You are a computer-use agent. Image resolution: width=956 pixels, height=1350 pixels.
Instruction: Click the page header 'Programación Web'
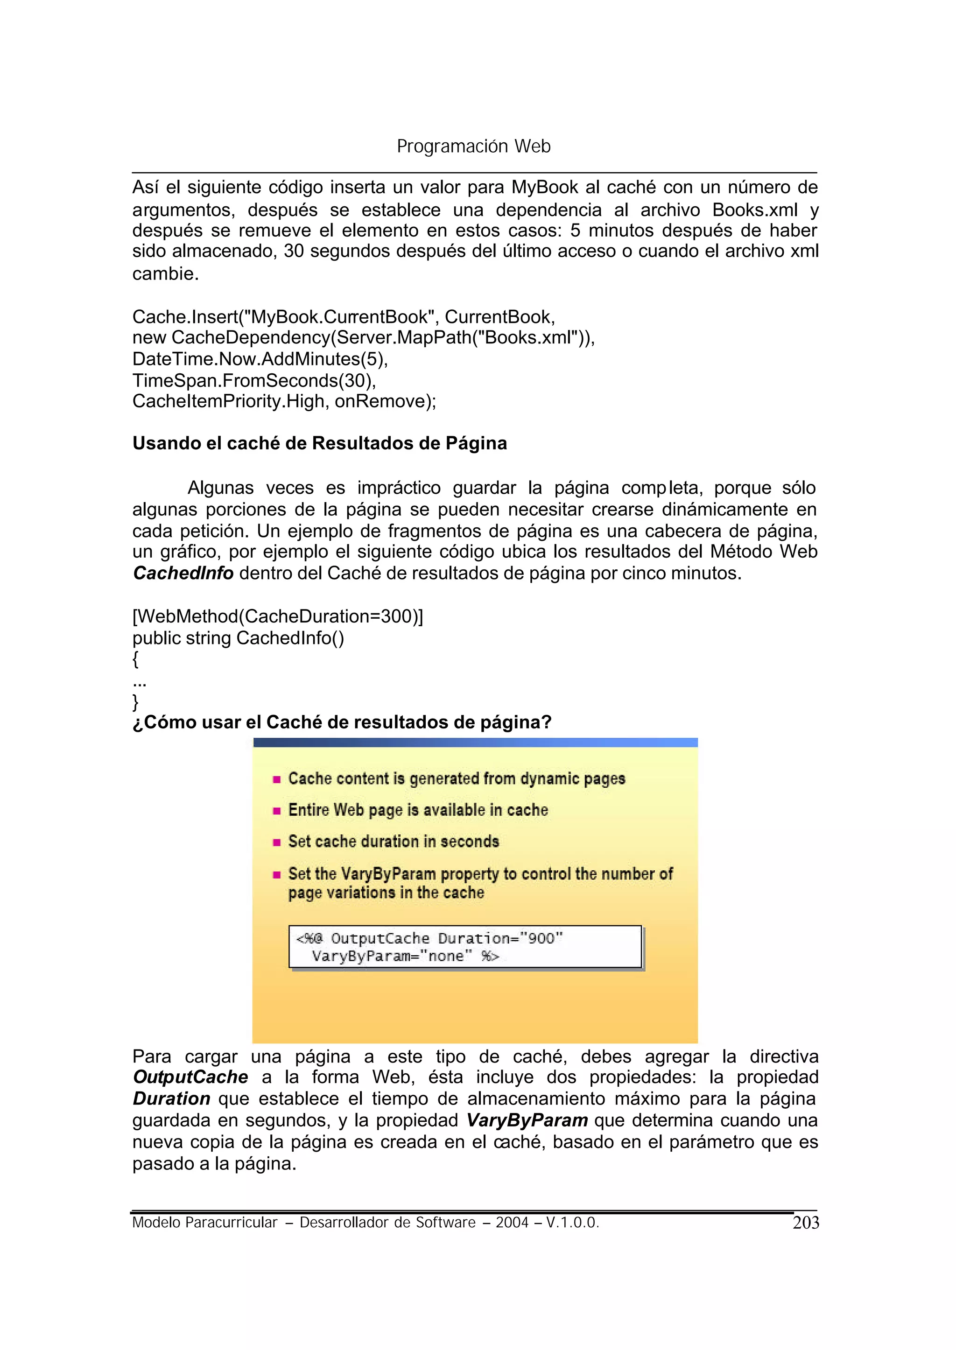[x=473, y=146]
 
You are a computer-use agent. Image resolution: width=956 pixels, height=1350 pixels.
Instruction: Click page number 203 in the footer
[x=805, y=1223]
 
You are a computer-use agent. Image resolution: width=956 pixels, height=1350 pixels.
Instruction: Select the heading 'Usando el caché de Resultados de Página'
[x=320, y=443]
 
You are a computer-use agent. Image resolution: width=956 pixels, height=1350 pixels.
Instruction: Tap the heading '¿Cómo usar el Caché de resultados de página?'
[x=342, y=722]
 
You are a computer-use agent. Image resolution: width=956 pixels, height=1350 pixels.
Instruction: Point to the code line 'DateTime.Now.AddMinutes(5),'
[x=260, y=359]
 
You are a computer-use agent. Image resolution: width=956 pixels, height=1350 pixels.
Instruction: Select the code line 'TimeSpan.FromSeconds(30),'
[x=254, y=381]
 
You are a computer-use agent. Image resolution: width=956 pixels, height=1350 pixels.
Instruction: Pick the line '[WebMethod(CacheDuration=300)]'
[x=277, y=616]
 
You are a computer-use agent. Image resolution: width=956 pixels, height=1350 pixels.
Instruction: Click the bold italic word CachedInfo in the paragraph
[x=183, y=573]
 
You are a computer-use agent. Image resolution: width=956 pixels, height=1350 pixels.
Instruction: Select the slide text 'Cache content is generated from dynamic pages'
[x=456, y=778]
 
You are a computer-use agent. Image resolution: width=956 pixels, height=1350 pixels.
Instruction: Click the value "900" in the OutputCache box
[x=541, y=938]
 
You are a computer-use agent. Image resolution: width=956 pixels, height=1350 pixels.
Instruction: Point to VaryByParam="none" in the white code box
[x=392, y=956]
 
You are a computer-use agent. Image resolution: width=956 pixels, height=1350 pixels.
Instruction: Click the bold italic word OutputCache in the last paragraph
[x=190, y=1077]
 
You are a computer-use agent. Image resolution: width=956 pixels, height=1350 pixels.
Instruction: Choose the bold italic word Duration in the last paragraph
[x=171, y=1099]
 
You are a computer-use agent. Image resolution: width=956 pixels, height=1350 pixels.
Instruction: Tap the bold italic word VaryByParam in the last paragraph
[x=527, y=1120]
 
